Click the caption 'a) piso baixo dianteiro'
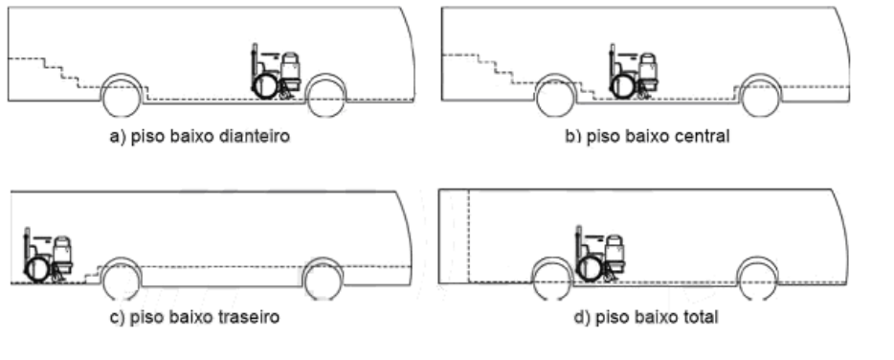[199, 137]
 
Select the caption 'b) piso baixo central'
[647, 136]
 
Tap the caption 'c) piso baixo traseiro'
[194, 317]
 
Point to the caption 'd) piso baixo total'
[646, 317]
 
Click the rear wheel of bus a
[122, 98]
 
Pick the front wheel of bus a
[325, 98]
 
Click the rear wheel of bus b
[555, 98]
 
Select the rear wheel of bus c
[122, 281]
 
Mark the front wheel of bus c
[324, 281]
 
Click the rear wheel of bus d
[552, 280]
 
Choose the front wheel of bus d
[757, 280]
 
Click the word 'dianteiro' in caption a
[255, 137]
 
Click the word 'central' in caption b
[702, 136]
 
